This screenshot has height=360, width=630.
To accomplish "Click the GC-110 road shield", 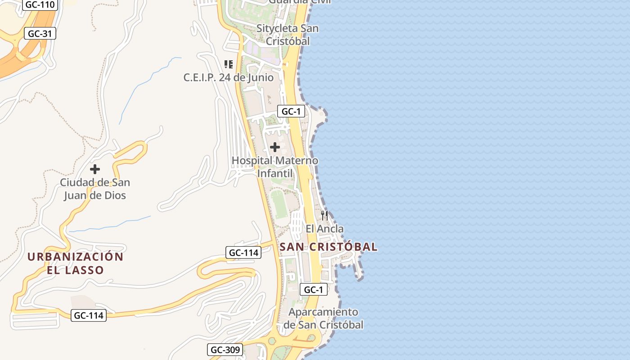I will click(x=40, y=5).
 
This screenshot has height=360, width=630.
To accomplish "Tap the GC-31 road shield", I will click(x=40, y=33).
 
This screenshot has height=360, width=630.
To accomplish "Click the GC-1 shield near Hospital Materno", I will click(x=291, y=112).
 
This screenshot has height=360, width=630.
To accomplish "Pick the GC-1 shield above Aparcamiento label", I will click(x=313, y=290).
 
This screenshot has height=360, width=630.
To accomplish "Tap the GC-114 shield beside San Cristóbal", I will click(x=243, y=252).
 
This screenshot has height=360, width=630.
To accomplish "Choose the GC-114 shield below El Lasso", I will click(x=89, y=315).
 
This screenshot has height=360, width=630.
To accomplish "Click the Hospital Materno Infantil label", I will click(x=274, y=167).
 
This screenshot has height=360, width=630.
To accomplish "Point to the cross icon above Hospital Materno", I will click(x=275, y=147).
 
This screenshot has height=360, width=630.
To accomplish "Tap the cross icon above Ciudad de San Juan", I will click(x=95, y=170).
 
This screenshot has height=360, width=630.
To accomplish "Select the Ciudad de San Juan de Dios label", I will click(x=95, y=189).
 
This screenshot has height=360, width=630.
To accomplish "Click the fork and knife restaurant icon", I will click(x=324, y=216).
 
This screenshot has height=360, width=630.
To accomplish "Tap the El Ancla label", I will click(x=324, y=229).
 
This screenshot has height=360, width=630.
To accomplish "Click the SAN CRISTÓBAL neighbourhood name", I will click(x=328, y=247).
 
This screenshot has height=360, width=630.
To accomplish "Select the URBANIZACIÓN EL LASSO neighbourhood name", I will click(x=76, y=263).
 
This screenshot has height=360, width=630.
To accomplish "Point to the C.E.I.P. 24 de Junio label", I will click(x=228, y=77).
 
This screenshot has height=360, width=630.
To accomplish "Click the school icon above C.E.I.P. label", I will click(x=229, y=64).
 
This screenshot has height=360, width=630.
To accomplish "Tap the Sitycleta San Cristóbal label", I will click(x=288, y=35).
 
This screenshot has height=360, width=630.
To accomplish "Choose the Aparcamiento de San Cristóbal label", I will click(x=323, y=318).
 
